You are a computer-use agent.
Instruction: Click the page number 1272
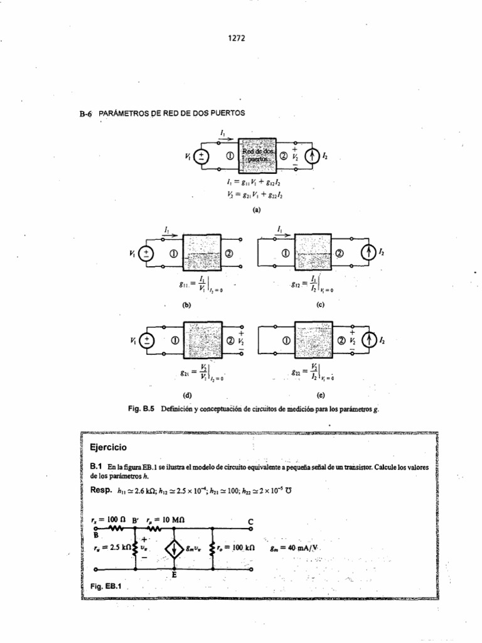point(237,38)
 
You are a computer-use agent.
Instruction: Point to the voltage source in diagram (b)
point(147,254)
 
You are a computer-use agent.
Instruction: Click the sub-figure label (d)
point(186,396)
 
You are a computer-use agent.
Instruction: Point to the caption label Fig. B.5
point(142,409)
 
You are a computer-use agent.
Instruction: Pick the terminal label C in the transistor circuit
point(251,521)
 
